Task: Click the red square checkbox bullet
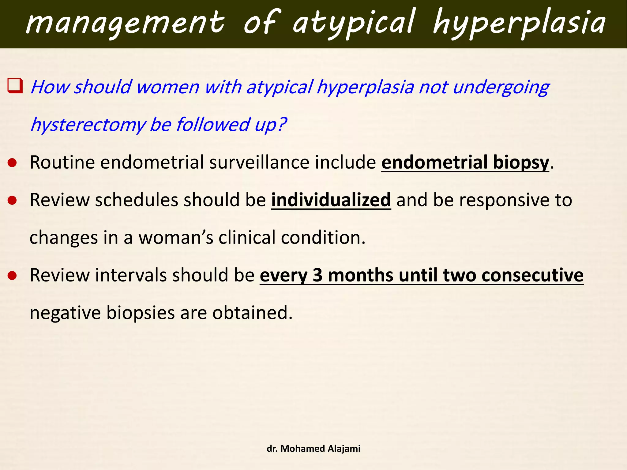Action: [15, 86]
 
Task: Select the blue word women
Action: [168, 87]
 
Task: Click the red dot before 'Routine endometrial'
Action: [12, 163]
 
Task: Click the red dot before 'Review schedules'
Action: [12, 200]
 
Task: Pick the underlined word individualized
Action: [331, 200]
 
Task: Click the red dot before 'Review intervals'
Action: [12, 276]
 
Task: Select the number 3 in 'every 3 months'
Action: [317, 275]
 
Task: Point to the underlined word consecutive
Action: [532, 275]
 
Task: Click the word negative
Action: [65, 313]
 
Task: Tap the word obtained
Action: [252, 313]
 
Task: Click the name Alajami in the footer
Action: [344, 449]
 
